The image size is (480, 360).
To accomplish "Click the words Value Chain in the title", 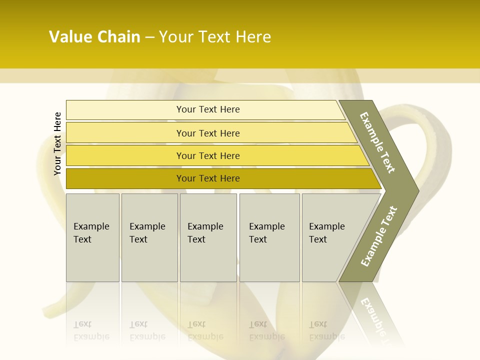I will tap(94, 37).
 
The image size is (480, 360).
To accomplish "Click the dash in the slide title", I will tap(149, 37).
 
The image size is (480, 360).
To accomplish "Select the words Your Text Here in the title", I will tap(215, 37).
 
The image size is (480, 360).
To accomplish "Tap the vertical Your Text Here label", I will tap(57, 144).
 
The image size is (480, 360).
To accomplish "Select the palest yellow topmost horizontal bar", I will tap(208, 109).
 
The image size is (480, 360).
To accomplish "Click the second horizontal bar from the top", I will tap(208, 133).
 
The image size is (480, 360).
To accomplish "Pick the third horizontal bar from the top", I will tap(208, 155).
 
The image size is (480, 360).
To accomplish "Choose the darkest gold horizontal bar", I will tap(208, 178).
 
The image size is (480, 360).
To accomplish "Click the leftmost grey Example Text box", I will tap(92, 237).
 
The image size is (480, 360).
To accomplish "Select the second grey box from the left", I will tap(149, 237).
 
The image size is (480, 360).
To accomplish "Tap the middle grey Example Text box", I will tap(208, 237).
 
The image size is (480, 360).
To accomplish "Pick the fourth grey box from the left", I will tap(269, 237).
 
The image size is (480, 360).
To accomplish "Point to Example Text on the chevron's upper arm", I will tap(377, 142).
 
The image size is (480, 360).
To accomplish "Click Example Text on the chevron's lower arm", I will tap(378, 236).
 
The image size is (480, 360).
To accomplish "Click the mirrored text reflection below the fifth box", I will tap(327, 330).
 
